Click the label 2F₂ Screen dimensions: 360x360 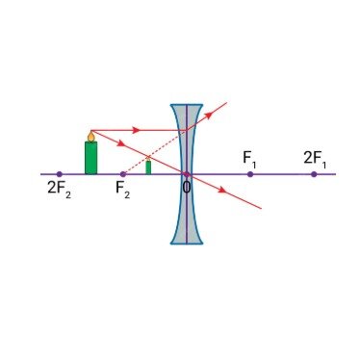tap(59, 189)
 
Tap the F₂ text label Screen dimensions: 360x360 tap(123, 189)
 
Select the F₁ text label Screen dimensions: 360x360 tap(249, 159)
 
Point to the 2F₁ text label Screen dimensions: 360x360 tap(315, 159)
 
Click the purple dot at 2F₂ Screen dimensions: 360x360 tap(59, 174)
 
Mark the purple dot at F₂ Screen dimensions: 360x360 tap(123, 174)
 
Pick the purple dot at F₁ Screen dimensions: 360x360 tap(250, 174)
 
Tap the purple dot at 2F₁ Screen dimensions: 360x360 tap(314, 174)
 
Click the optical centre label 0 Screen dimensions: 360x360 tap(187, 187)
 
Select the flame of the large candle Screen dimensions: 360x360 tap(91, 136)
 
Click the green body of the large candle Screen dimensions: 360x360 tap(90, 158)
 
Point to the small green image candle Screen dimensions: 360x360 tap(148, 167)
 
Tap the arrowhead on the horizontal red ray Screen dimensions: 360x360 tap(136, 130)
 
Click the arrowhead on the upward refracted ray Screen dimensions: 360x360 tap(209, 115)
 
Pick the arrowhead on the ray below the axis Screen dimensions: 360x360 tap(222, 191)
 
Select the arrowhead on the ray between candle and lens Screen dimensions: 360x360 tap(120, 143)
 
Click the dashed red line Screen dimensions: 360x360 tap(155, 152)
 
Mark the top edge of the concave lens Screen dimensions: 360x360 tap(187, 104)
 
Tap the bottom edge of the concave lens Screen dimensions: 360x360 tap(187, 244)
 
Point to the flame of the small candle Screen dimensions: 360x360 tap(148, 158)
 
